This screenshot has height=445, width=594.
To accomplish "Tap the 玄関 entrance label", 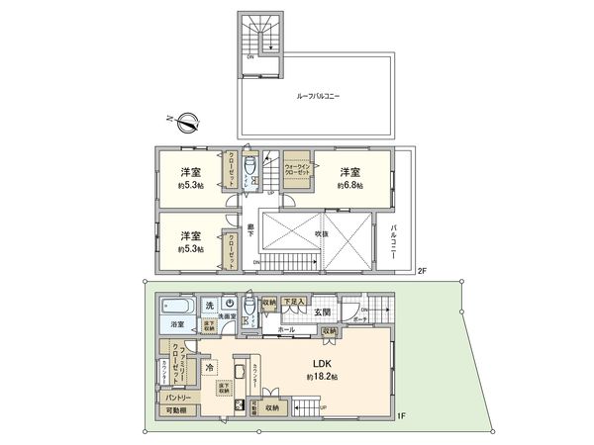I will [x=322, y=313].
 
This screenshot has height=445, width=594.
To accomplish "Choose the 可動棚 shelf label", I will [x=177, y=410].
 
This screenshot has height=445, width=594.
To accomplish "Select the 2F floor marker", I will [x=420, y=271].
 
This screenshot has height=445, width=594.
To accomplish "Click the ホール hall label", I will [x=287, y=329].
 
